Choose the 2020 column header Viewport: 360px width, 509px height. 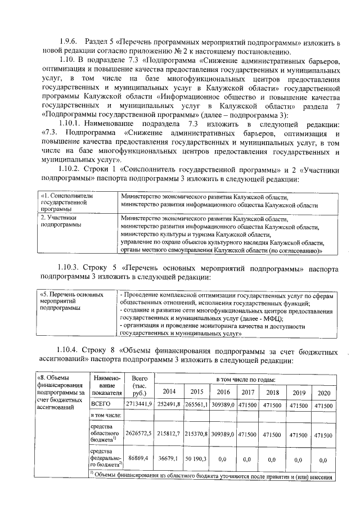(322, 391)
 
